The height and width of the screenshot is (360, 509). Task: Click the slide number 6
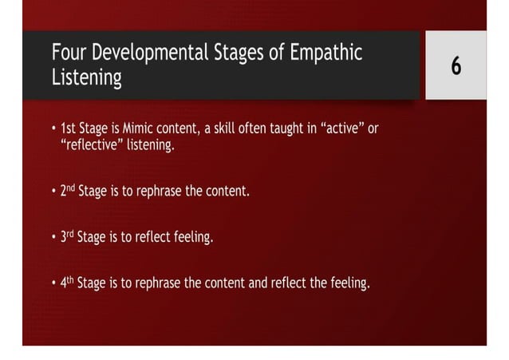tap(456, 67)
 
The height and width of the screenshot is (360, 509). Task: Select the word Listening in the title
tap(86, 79)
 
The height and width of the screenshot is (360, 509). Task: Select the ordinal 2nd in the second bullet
tap(67, 192)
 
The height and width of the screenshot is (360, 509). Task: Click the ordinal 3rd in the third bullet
tap(67, 237)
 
